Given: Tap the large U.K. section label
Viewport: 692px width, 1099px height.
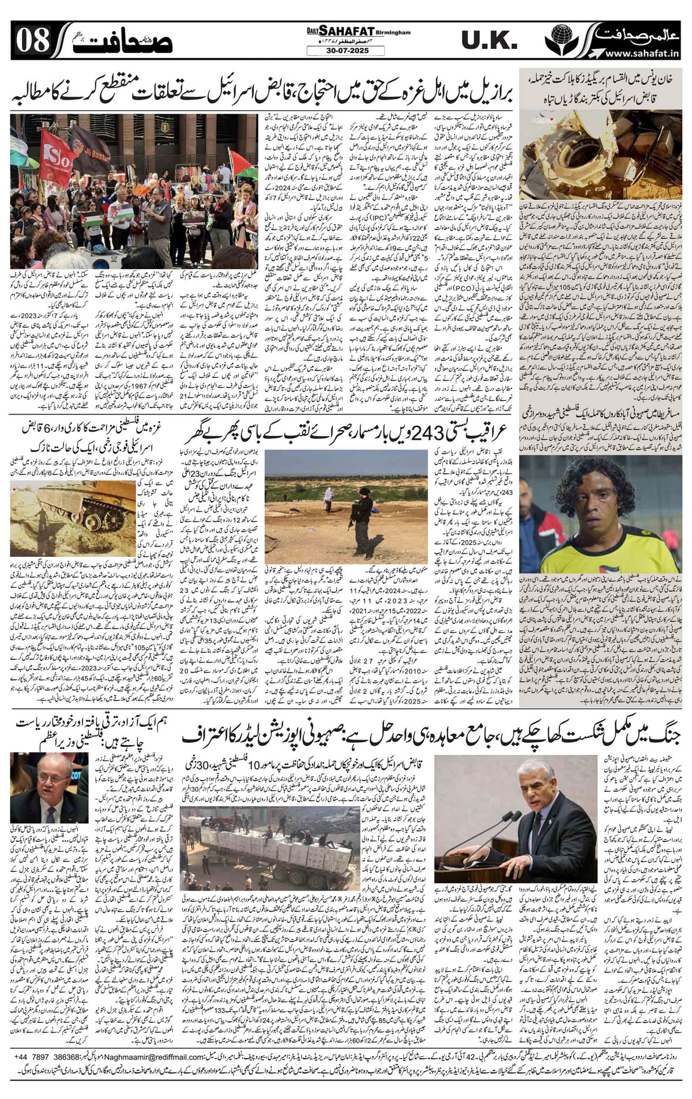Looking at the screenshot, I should tap(486, 40).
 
